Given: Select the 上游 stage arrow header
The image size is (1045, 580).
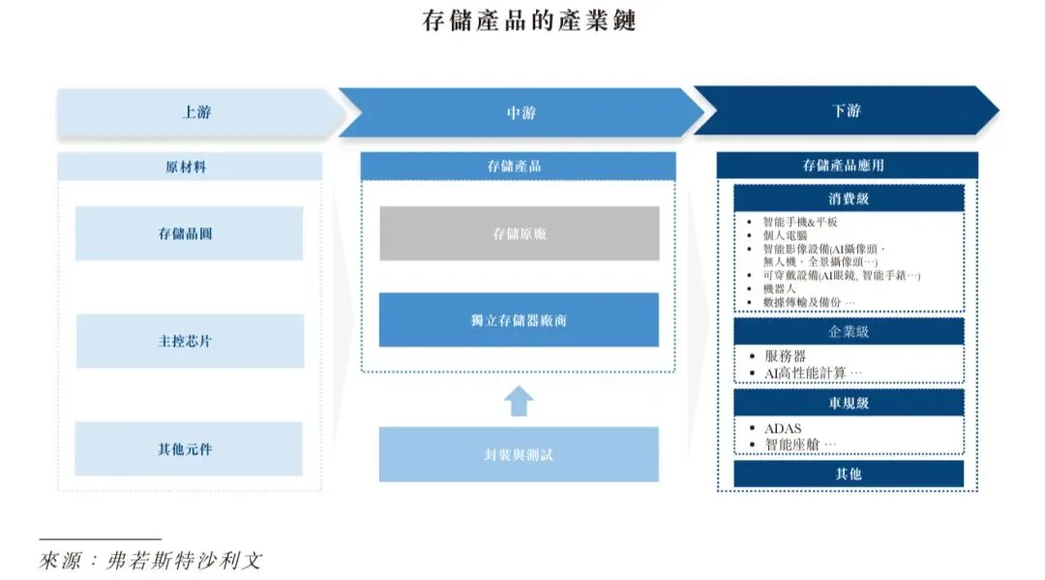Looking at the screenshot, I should pos(196,111).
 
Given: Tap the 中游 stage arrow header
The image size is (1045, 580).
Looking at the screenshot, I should pos(521,112).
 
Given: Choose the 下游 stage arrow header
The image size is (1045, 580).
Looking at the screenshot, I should pos(846,111).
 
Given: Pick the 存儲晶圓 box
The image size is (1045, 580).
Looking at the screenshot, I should pos(190,233).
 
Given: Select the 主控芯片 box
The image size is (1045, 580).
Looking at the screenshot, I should pos(190,341).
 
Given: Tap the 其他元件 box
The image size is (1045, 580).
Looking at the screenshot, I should pos(190,448).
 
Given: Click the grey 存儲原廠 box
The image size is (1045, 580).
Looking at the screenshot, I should pos(519,233).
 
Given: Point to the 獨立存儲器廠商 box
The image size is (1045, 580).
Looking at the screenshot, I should pos(519,320).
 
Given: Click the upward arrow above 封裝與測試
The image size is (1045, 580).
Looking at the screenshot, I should pos(519,400).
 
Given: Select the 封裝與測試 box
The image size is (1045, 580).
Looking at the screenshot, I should pos(519,454).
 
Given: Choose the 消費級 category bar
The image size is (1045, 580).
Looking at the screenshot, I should pos(849,198).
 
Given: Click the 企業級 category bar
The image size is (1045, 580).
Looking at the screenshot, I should pos(849,331).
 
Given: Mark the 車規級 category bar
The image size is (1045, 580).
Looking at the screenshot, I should pos(849,402).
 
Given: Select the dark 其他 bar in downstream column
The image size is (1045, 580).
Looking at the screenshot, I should pos(849,473).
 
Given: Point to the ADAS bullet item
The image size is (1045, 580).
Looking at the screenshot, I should pos(783,428).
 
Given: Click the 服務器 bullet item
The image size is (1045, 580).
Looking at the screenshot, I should pos(786,356).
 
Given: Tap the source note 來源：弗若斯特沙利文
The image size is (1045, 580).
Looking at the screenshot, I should pos(150,560).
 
